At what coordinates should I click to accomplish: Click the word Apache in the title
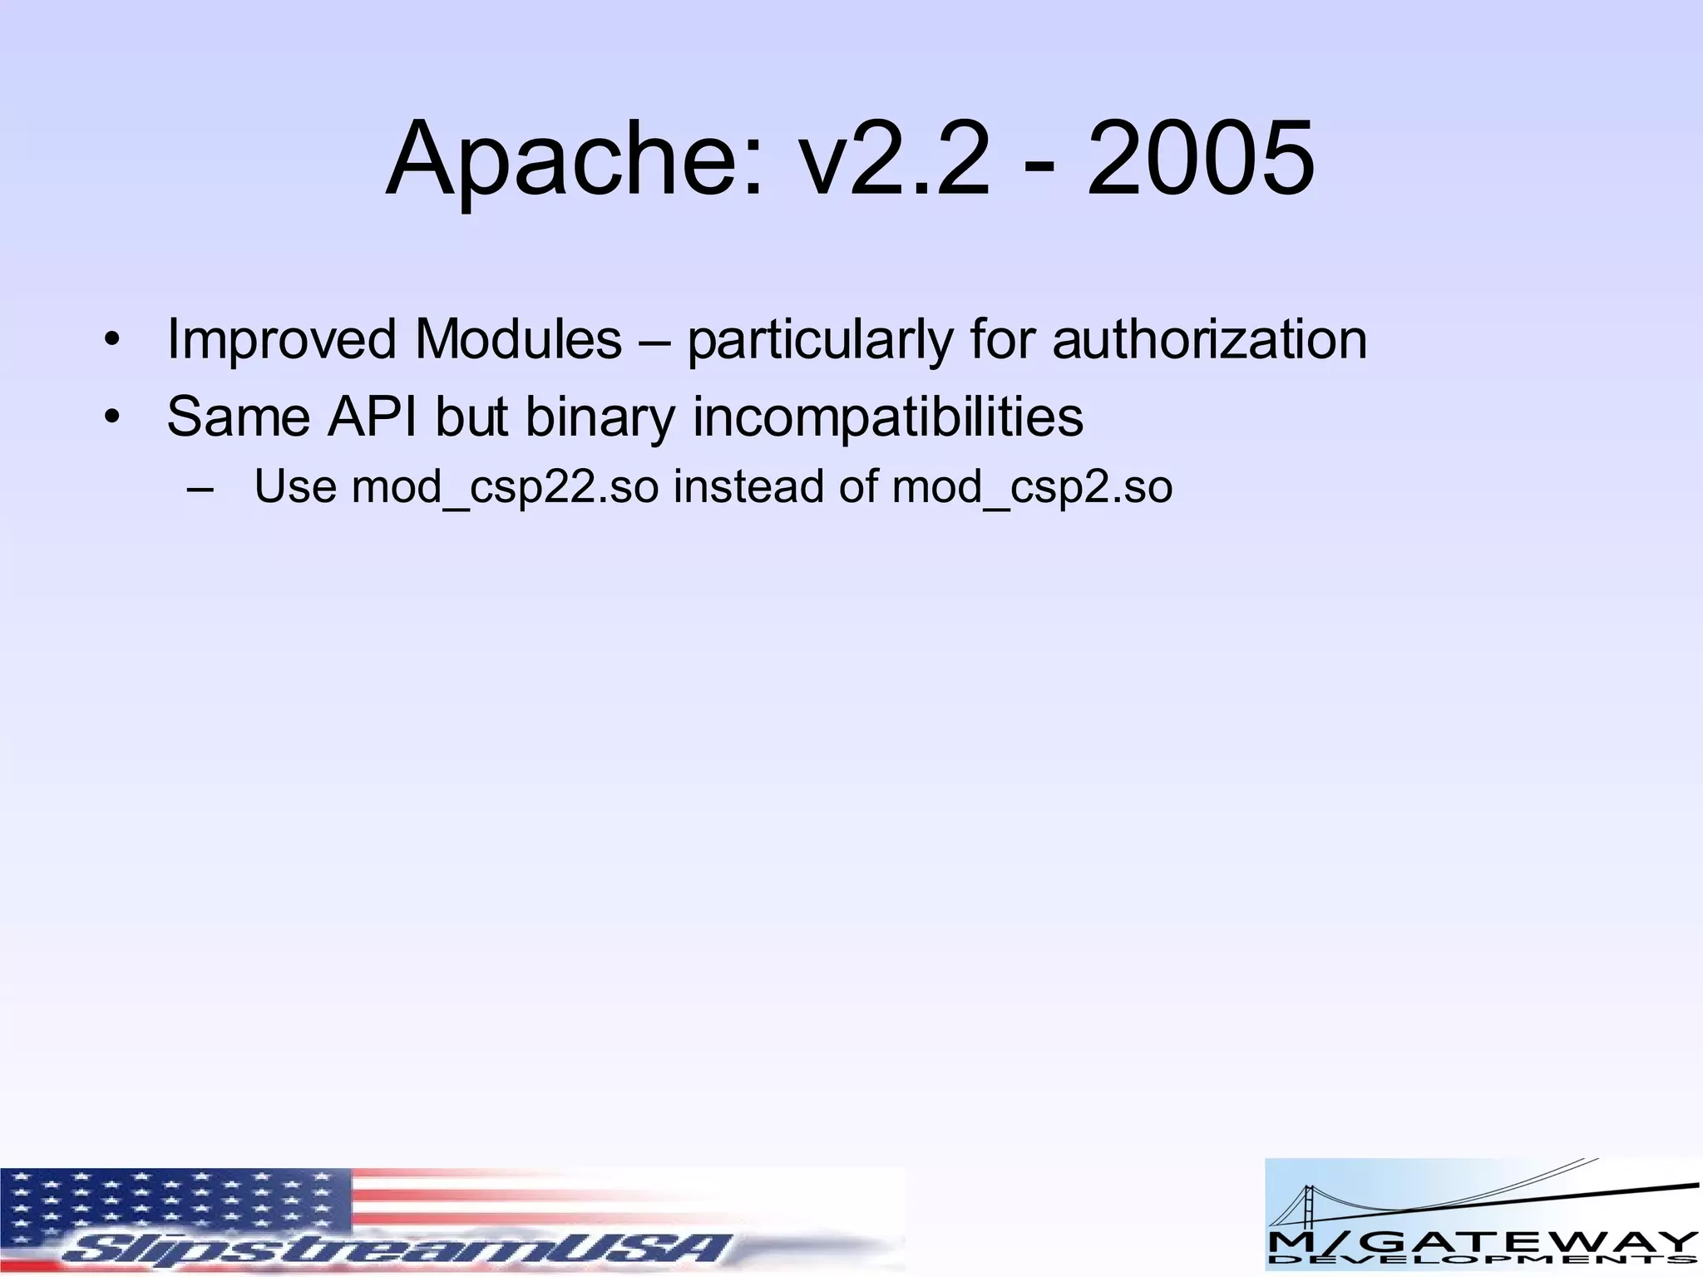(573, 160)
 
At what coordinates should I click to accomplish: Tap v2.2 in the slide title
(894, 160)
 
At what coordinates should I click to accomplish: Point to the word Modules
(519, 340)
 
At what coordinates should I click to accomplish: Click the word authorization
(1209, 340)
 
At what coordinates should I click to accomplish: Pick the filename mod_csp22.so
(505, 488)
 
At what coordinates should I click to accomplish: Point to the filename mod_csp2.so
(1032, 488)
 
